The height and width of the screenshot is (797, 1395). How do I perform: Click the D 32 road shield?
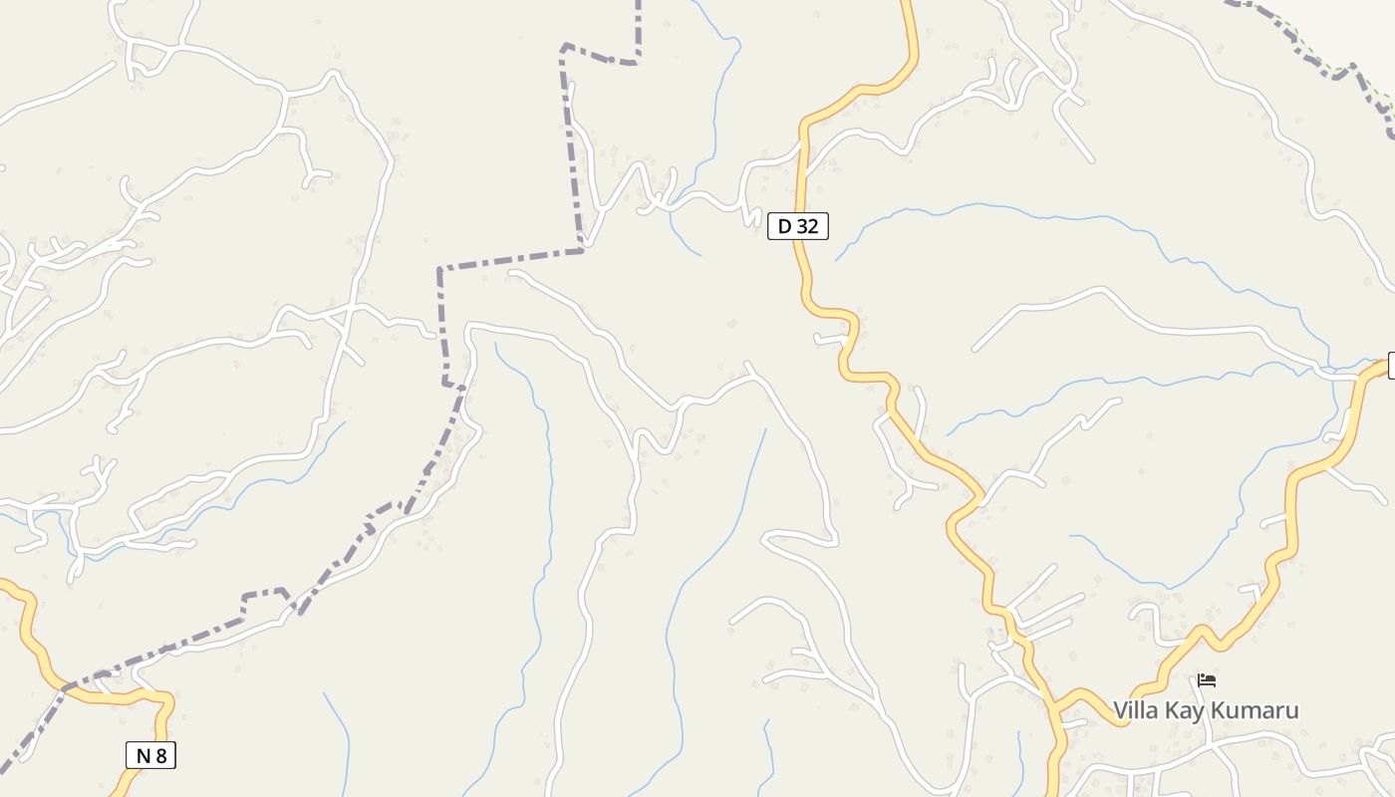pos(797,226)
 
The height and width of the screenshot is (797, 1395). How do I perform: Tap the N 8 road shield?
pos(150,755)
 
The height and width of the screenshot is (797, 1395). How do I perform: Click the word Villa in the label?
pos(1136,710)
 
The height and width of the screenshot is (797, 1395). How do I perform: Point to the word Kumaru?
pos(1256,710)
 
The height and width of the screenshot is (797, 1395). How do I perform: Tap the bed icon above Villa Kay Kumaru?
pos(1207,680)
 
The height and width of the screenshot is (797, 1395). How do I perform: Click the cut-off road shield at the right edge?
pos(1391,366)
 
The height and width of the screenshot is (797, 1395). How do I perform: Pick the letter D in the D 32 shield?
pos(784,226)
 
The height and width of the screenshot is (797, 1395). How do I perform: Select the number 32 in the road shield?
pos(806,226)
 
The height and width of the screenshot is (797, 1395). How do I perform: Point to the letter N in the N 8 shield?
pos(142,755)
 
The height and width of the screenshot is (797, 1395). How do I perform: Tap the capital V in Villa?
pos(1120,710)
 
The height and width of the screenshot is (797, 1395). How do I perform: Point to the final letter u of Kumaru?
pos(1292,711)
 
